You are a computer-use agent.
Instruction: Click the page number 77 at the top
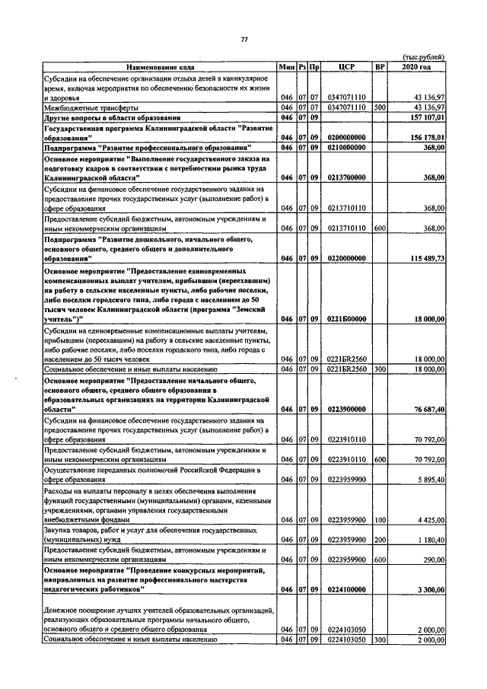coord(243,40)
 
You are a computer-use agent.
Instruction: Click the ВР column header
coord(380,68)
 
